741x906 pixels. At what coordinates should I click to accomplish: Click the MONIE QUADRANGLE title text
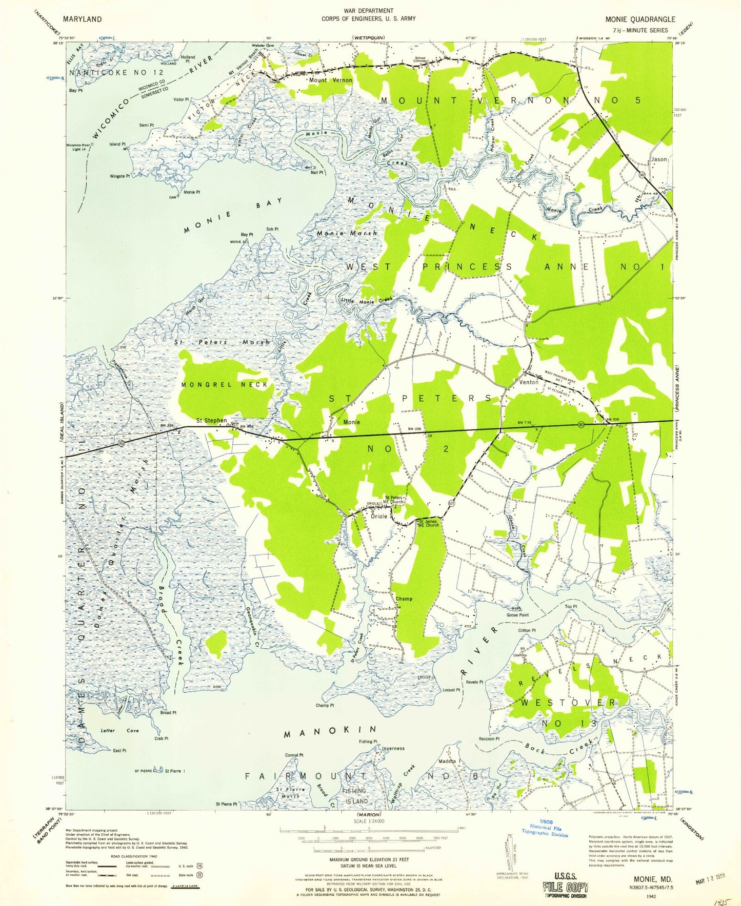tap(640, 19)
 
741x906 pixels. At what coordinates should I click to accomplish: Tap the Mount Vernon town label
tap(330, 80)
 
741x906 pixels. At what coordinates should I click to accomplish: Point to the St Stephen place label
tap(211, 421)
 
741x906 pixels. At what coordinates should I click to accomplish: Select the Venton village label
tap(529, 382)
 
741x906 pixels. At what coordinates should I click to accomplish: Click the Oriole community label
tap(379, 516)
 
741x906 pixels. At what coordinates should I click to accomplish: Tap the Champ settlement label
tap(404, 599)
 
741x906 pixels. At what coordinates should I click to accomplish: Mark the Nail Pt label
tap(317, 173)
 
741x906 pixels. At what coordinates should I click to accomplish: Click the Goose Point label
tap(517, 615)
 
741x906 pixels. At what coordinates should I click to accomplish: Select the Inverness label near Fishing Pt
tap(393, 748)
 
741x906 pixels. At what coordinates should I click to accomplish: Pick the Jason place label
tap(659, 159)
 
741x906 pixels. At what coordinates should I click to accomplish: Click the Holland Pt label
tap(188, 59)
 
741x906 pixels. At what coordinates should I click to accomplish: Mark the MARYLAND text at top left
tap(82, 19)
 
